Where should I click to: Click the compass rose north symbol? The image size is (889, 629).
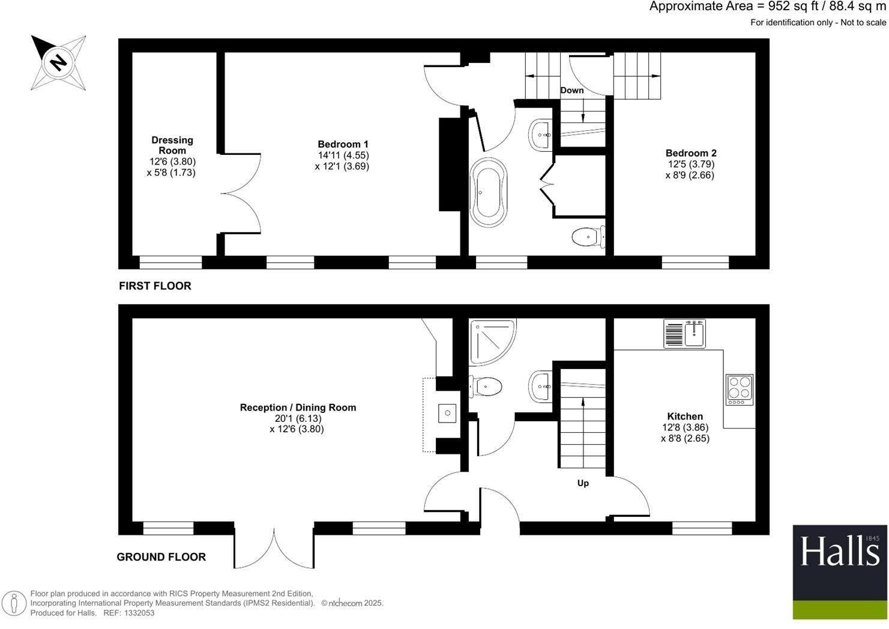(58, 62)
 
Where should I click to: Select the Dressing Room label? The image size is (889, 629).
(172, 145)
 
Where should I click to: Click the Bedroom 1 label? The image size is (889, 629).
(343, 144)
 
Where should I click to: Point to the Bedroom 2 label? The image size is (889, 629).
(691, 153)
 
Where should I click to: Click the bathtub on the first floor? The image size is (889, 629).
(489, 192)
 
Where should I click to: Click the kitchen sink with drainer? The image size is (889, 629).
(684, 333)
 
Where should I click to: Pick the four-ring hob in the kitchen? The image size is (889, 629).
(739, 389)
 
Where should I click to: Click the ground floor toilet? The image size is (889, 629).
(487, 386)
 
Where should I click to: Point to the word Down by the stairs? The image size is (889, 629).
(571, 90)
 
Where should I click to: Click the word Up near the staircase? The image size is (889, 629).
(583, 483)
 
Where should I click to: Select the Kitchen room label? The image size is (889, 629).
(685, 416)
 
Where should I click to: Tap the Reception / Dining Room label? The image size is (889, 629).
(298, 408)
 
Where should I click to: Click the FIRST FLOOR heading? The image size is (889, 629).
(155, 286)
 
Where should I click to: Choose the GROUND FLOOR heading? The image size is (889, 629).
(161, 557)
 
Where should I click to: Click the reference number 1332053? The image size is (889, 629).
(139, 613)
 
